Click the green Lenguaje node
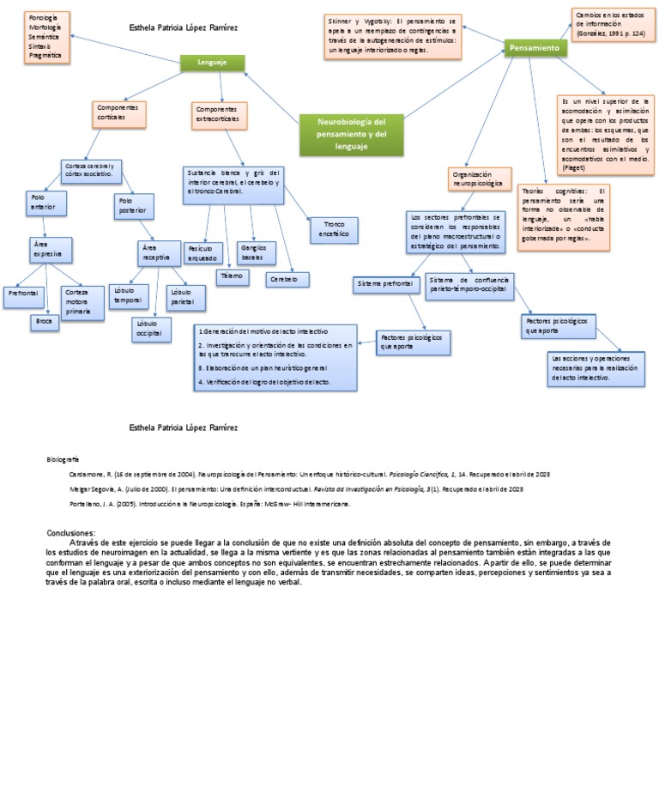pyautogui.click(x=212, y=63)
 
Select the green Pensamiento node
pyautogui.click(x=535, y=48)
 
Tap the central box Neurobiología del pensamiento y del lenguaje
pyautogui.click(x=352, y=135)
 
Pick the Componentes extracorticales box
pyautogui.click(x=220, y=115)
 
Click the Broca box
pyautogui.click(x=45, y=322)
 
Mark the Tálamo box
pyautogui.click(x=232, y=277)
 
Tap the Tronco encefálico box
pyautogui.click(x=333, y=229)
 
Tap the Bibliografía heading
pyautogui.click(x=63, y=460)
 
